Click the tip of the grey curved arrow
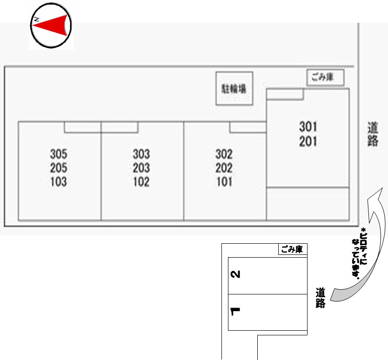point(382,188)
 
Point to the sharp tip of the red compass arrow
point(33,25)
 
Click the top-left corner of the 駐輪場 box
point(216,72)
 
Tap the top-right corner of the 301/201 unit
point(349,88)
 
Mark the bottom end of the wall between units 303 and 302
point(184,220)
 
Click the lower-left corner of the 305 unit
point(19,220)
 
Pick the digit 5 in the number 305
point(64,154)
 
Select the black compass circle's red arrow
point(50,25)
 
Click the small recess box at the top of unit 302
point(248,127)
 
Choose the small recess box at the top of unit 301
point(285,94)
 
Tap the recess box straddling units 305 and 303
point(101,127)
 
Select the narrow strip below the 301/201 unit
point(308,204)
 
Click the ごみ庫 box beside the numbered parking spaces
point(293,249)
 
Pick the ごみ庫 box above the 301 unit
point(325,78)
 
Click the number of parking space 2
point(235,274)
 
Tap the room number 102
point(141,182)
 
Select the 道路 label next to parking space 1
point(320,298)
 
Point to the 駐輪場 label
point(234,89)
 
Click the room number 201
point(308,142)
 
